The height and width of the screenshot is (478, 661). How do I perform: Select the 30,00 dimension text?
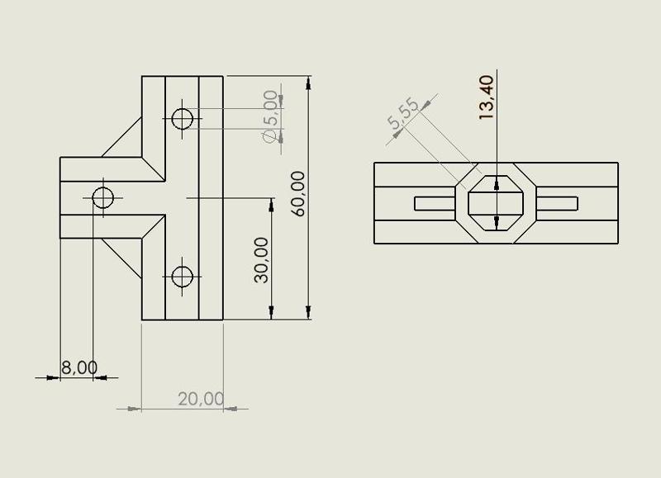pyautogui.click(x=261, y=259)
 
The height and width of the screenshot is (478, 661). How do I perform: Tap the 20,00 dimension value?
pyautogui.click(x=201, y=399)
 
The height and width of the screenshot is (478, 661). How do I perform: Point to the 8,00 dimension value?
pyautogui.click(x=79, y=367)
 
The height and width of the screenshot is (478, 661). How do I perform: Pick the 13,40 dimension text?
pyautogui.click(x=486, y=97)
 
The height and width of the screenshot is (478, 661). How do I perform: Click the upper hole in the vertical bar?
pyautogui.click(x=183, y=119)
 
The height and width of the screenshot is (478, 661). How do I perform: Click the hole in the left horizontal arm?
pyautogui.click(x=102, y=198)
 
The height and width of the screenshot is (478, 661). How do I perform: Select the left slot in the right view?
pyautogui.click(x=435, y=203)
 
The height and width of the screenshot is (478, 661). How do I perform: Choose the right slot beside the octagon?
pyautogui.click(x=558, y=203)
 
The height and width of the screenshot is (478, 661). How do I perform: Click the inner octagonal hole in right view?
pyautogui.click(x=496, y=203)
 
